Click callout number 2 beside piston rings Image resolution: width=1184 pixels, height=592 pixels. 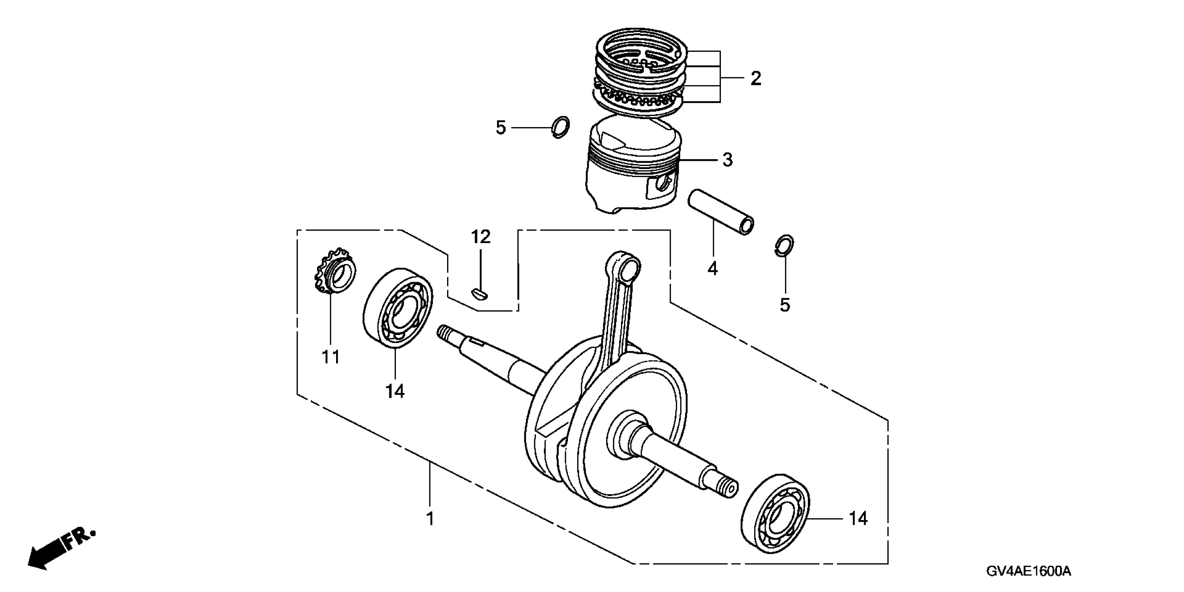click(756, 79)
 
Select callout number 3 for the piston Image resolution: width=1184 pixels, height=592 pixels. click(727, 160)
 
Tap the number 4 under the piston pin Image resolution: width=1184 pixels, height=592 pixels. click(713, 268)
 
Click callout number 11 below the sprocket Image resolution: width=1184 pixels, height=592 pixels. click(331, 357)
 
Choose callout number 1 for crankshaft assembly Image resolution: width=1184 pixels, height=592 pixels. click(430, 519)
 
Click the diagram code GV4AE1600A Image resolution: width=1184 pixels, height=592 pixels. click(1028, 572)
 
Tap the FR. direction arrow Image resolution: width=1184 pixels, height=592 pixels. click(60, 551)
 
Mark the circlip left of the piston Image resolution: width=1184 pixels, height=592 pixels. click(560, 127)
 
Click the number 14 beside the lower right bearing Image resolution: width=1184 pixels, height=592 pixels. click(858, 519)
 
